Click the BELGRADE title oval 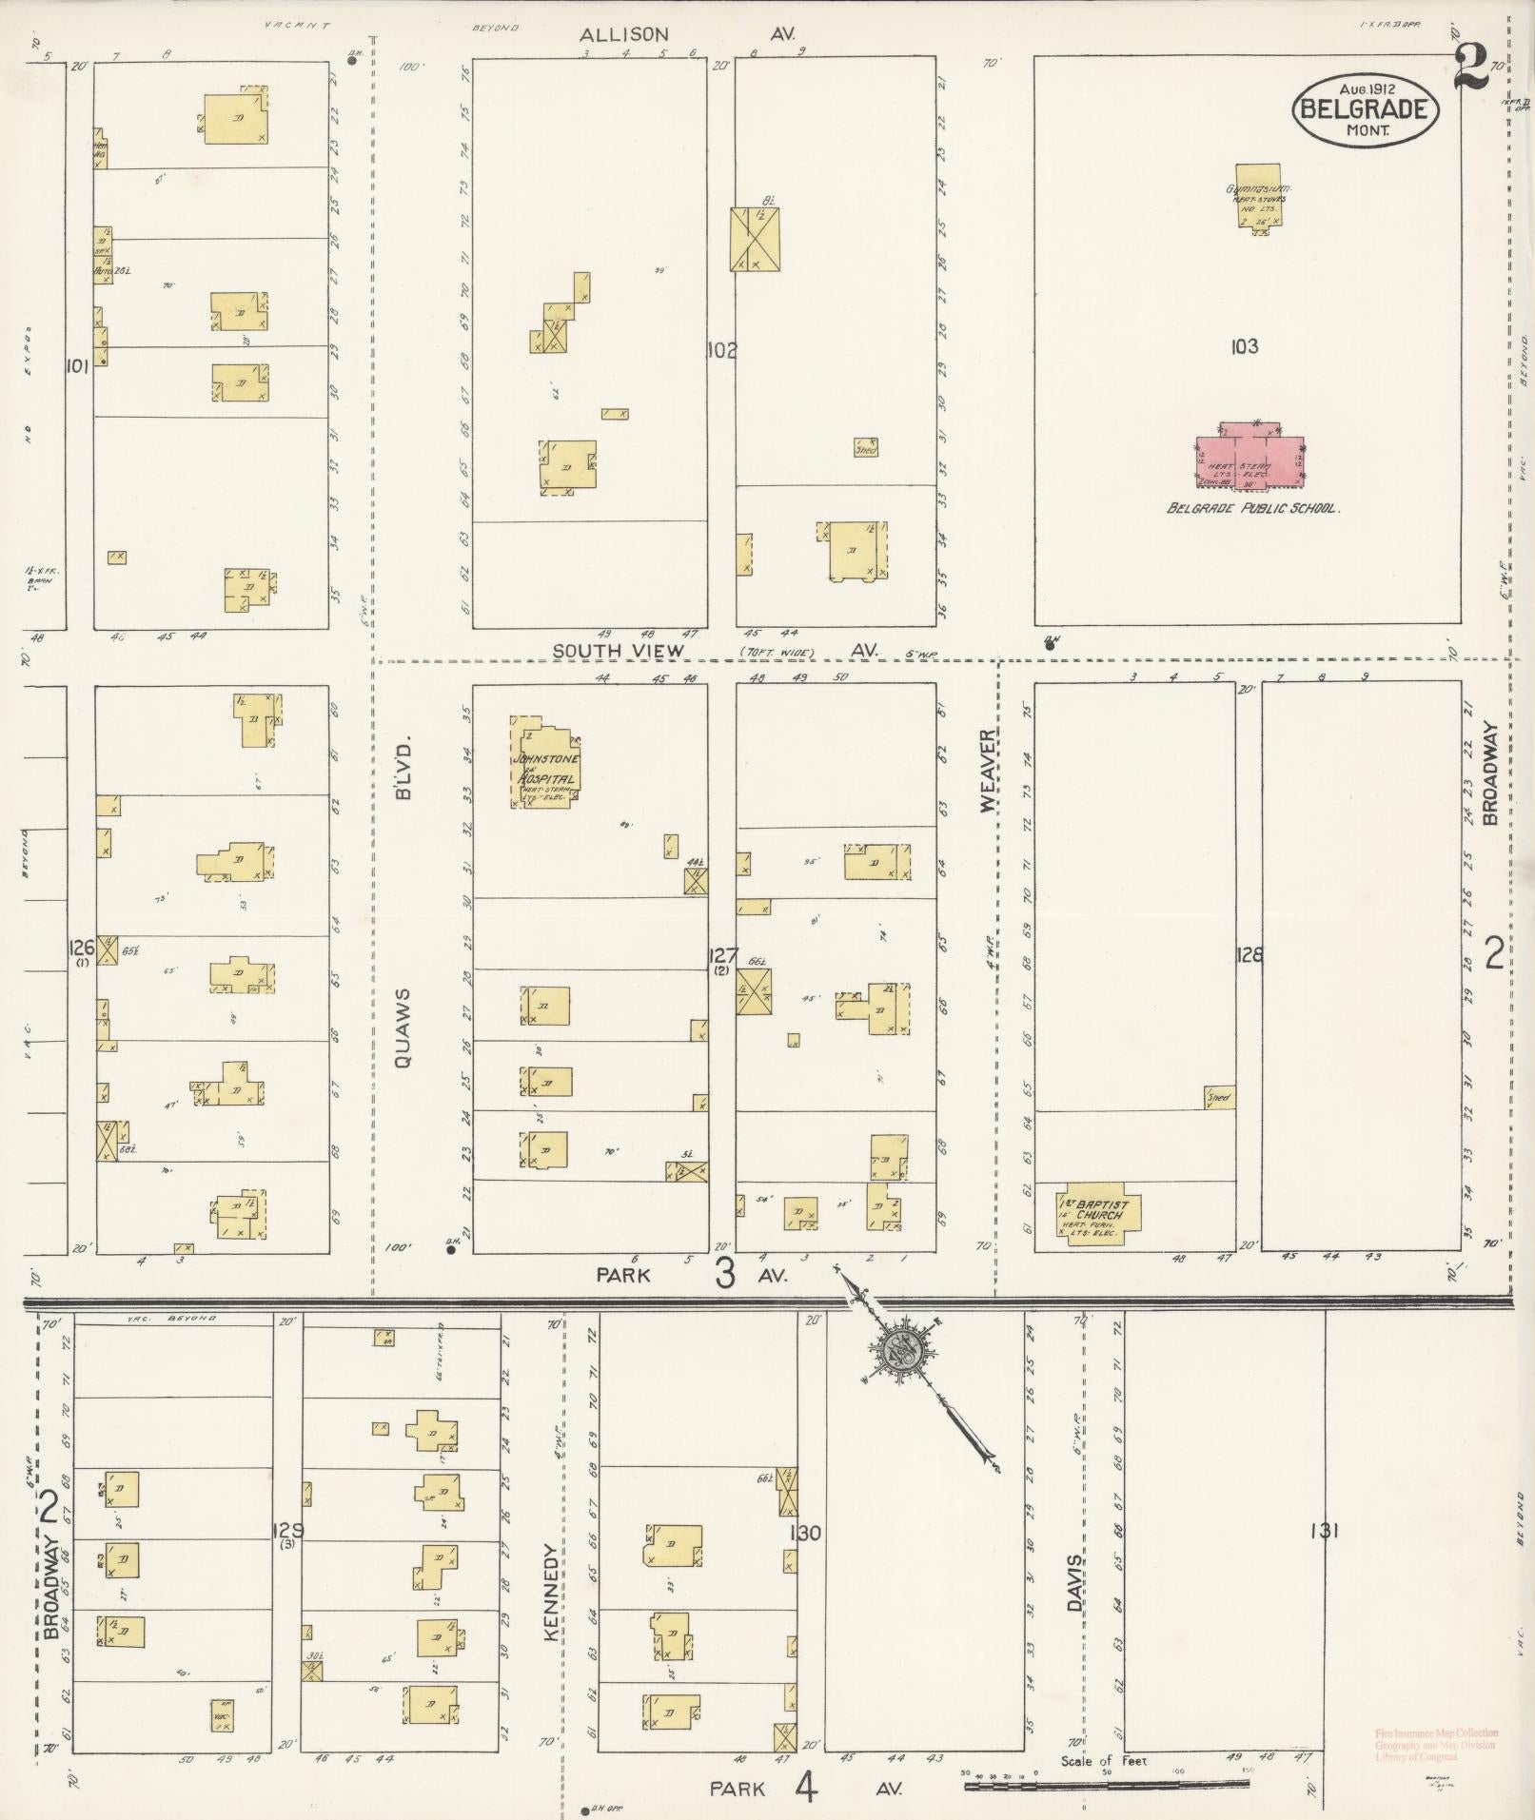coord(1366,109)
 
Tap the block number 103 coord(1244,346)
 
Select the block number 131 coord(1324,1531)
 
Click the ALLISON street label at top coord(624,34)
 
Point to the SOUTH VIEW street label coord(619,651)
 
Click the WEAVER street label coord(987,771)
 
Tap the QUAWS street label coord(402,1028)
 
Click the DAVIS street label coord(1074,1584)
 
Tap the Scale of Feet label coord(1104,1761)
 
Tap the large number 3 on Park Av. coord(725,1273)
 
